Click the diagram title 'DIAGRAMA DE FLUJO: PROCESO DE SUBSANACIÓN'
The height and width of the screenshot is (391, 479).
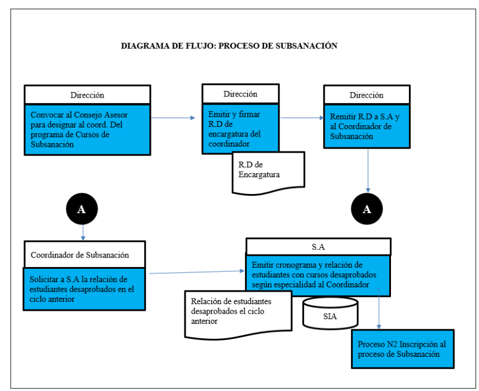229,46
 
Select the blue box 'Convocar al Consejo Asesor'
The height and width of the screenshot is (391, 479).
87,130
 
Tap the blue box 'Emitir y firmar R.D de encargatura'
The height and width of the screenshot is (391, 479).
241,128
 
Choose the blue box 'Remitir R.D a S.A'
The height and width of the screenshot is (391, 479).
366,126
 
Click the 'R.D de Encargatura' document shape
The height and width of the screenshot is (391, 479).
268,173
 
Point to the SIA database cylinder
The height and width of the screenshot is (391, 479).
331,313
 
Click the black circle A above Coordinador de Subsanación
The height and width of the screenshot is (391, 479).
82,209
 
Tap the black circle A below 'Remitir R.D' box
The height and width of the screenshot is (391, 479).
367,209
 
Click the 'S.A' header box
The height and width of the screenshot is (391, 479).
319,247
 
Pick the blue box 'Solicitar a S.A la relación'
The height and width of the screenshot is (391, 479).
84,289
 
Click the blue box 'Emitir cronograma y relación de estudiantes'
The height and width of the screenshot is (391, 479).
318,275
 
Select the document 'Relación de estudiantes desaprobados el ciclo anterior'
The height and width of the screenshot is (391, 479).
238,315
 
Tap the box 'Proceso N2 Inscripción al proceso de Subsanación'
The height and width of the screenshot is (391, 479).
402,349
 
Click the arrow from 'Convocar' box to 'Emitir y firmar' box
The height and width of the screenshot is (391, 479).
173,117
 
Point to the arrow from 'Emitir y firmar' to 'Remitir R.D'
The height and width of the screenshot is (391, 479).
302,117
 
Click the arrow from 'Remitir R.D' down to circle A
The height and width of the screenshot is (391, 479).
368,171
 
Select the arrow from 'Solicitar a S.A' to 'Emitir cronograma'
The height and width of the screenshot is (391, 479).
197,272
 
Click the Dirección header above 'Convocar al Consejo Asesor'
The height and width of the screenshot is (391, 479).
87,95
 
